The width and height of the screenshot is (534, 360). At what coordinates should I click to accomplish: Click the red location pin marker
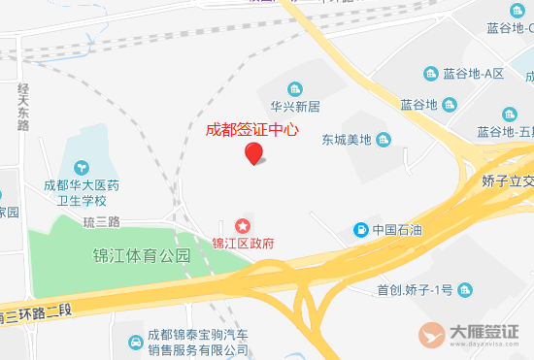pyautogui.click(x=253, y=152)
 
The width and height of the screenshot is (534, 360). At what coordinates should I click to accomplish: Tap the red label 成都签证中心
pyautogui.click(x=251, y=127)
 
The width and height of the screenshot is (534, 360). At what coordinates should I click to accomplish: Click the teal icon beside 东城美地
pyautogui.click(x=384, y=139)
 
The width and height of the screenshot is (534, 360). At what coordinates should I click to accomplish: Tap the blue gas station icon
pyautogui.click(x=360, y=230)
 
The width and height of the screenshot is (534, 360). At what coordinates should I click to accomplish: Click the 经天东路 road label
pyautogui.click(x=22, y=106)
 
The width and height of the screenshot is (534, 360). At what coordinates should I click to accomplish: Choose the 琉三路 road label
pyautogui.click(x=101, y=221)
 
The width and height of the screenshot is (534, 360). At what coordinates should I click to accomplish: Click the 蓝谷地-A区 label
pyautogui.click(x=474, y=74)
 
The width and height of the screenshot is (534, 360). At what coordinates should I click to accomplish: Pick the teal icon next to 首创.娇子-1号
pyautogui.click(x=467, y=289)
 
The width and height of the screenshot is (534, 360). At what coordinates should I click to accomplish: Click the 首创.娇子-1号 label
pyautogui.click(x=415, y=289)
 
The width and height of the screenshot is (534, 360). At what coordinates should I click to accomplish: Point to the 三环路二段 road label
pyautogui.click(x=39, y=313)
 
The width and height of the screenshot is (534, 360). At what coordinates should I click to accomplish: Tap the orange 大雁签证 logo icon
pyautogui.click(x=434, y=334)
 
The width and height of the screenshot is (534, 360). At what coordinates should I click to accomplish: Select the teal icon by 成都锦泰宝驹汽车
pyautogui.click(x=133, y=342)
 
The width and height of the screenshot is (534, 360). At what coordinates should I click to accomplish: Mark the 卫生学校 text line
pyautogui.click(x=81, y=201)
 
